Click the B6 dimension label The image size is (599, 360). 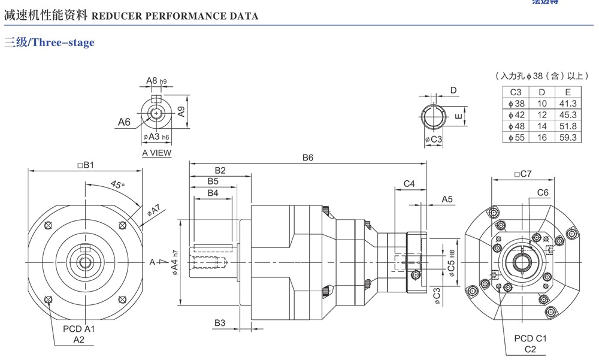tap(308, 158)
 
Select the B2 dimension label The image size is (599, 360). tap(219, 170)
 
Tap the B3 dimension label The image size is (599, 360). tap(219, 323)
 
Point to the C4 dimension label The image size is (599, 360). tap(409, 183)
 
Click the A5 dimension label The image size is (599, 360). tap(447, 199)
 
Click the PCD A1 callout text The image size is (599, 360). tap(78, 329)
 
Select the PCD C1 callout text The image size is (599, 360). tap(530, 338)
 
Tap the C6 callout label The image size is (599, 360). tap(543, 192)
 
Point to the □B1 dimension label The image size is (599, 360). tap(86, 165)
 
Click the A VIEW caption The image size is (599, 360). tap(156, 153)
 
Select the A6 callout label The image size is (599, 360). tap(123, 122)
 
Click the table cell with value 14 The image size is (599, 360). tap(541, 126)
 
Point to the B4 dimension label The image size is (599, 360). tap(213, 193)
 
